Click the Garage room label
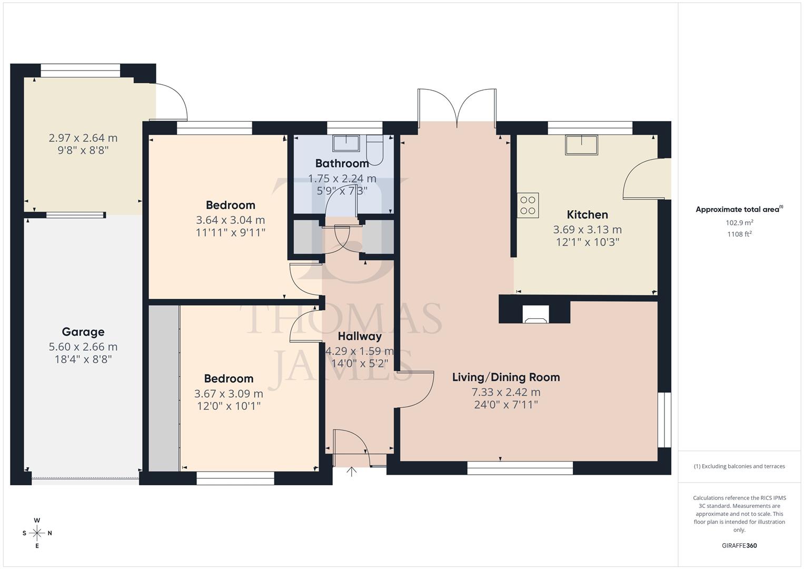pyautogui.click(x=83, y=332)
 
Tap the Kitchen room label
pyautogui.click(x=587, y=215)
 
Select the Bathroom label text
pyautogui.click(x=342, y=163)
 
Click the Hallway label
pyautogui.click(x=360, y=337)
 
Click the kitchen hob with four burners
pyautogui.click(x=528, y=205)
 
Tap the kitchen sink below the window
pyautogui.click(x=582, y=145)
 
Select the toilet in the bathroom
pyautogui.click(x=375, y=149)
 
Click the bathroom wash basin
pyautogui.click(x=346, y=143)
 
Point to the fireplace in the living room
pyautogui.click(x=535, y=315)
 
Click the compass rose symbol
pyautogui.click(x=37, y=533)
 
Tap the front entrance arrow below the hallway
pyautogui.click(x=352, y=471)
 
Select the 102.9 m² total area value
pyautogui.click(x=739, y=223)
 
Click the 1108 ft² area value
pyautogui.click(x=739, y=234)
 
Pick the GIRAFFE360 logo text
pyautogui.click(x=739, y=546)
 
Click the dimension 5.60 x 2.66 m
pyautogui.click(x=83, y=347)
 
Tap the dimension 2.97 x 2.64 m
pyautogui.click(x=83, y=138)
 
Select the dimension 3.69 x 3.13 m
pyautogui.click(x=587, y=230)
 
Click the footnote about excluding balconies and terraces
pyautogui.click(x=739, y=466)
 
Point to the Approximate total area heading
pyautogui.click(x=739, y=209)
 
